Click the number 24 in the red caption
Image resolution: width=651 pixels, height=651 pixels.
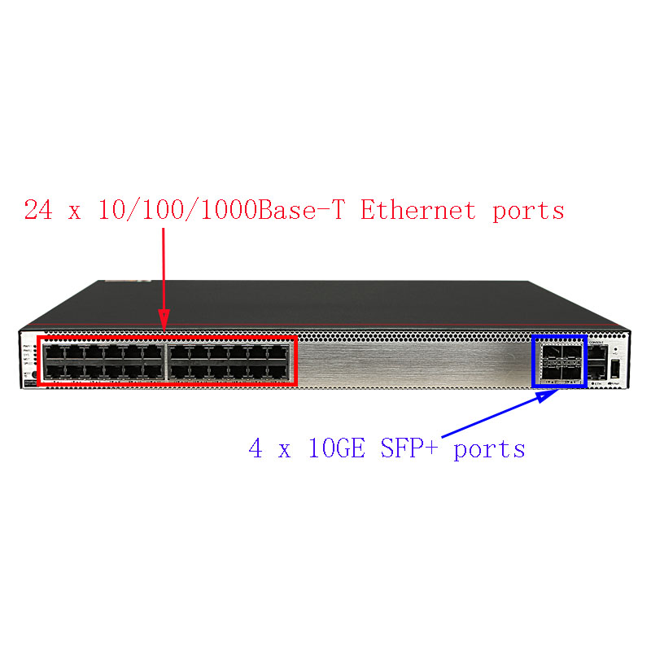click(x=37, y=211)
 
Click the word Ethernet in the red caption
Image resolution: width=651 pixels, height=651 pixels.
click(x=418, y=211)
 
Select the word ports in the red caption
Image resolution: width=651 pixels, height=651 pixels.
click(x=528, y=211)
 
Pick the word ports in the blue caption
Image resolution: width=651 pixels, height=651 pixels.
click(x=489, y=448)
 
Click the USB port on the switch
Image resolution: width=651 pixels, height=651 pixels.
click(x=616, y=369)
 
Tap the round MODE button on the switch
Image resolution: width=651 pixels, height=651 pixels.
click(x=33, y=375)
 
